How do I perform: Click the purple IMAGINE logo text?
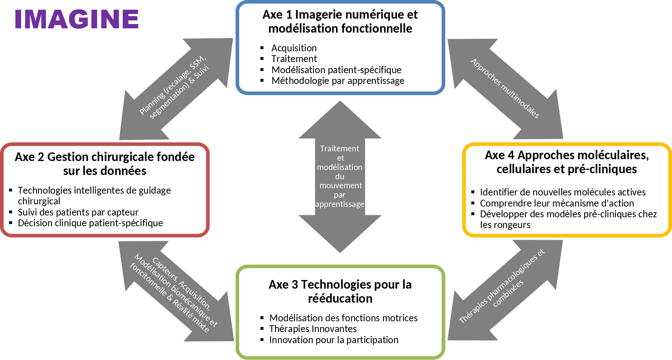tap(76, 19)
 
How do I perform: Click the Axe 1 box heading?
tap(340, 22)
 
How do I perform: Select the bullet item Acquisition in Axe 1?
tap(294, 48)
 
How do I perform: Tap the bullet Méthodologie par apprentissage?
tap(337, 81)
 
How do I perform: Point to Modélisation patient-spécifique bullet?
tap(336, 70)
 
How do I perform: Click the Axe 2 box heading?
tap(105, 164)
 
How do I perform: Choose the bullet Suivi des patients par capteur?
tap(78, 212)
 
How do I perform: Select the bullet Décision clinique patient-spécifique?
tap(90, 223)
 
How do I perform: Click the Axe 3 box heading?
tap(340, 291)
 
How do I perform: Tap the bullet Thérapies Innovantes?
tap(313, 329)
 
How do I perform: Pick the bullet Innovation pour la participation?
tap(333, 340)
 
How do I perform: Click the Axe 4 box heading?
tap(567, 162)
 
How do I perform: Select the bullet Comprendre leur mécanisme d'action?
tap(557, 203)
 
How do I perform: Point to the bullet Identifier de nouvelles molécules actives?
tap(563, 192)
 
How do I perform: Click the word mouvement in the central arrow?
tap(341, 185)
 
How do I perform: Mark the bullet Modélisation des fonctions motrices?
tap(343, 318)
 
